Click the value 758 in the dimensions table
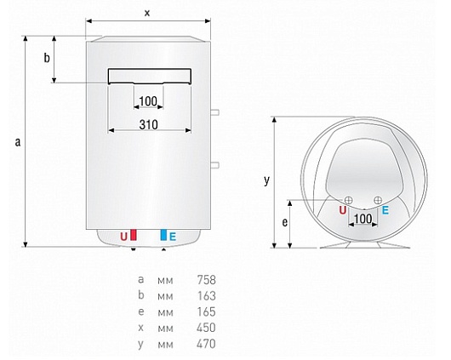(x=206, y=280)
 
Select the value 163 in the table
(x=206, y=296)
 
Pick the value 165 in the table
(x=206, y=311)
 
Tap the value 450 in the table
(x=206, y=328)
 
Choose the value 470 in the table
(x=206, y=344)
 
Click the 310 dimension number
(x=148, y=125)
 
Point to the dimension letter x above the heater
(x=147, y=13)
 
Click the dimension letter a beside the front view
(x=18, y=142)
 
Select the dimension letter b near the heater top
(x=47, y=58)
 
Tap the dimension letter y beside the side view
(x=267, y=180)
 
